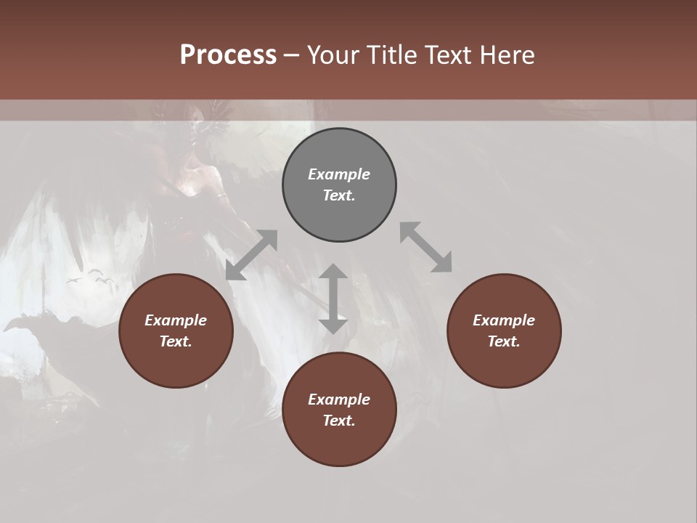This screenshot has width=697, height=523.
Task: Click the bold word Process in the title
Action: click(228, 55)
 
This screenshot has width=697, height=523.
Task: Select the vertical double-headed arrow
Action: click(333, 299)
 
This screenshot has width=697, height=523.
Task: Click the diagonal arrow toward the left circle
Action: click(251, 254)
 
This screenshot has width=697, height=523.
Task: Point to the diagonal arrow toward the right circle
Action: click(426, 247)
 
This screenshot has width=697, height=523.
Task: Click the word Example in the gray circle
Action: click(339, 174)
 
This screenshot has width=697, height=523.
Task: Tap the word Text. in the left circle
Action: click(176, 341)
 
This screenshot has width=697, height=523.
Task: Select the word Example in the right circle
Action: click(504, 320)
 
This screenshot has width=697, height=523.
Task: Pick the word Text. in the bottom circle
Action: click(339, 421)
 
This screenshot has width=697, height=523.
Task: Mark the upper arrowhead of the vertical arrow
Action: click(333, 272)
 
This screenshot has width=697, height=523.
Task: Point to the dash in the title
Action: click(292, 55)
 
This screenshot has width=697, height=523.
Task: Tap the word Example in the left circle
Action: click(176, 320)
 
